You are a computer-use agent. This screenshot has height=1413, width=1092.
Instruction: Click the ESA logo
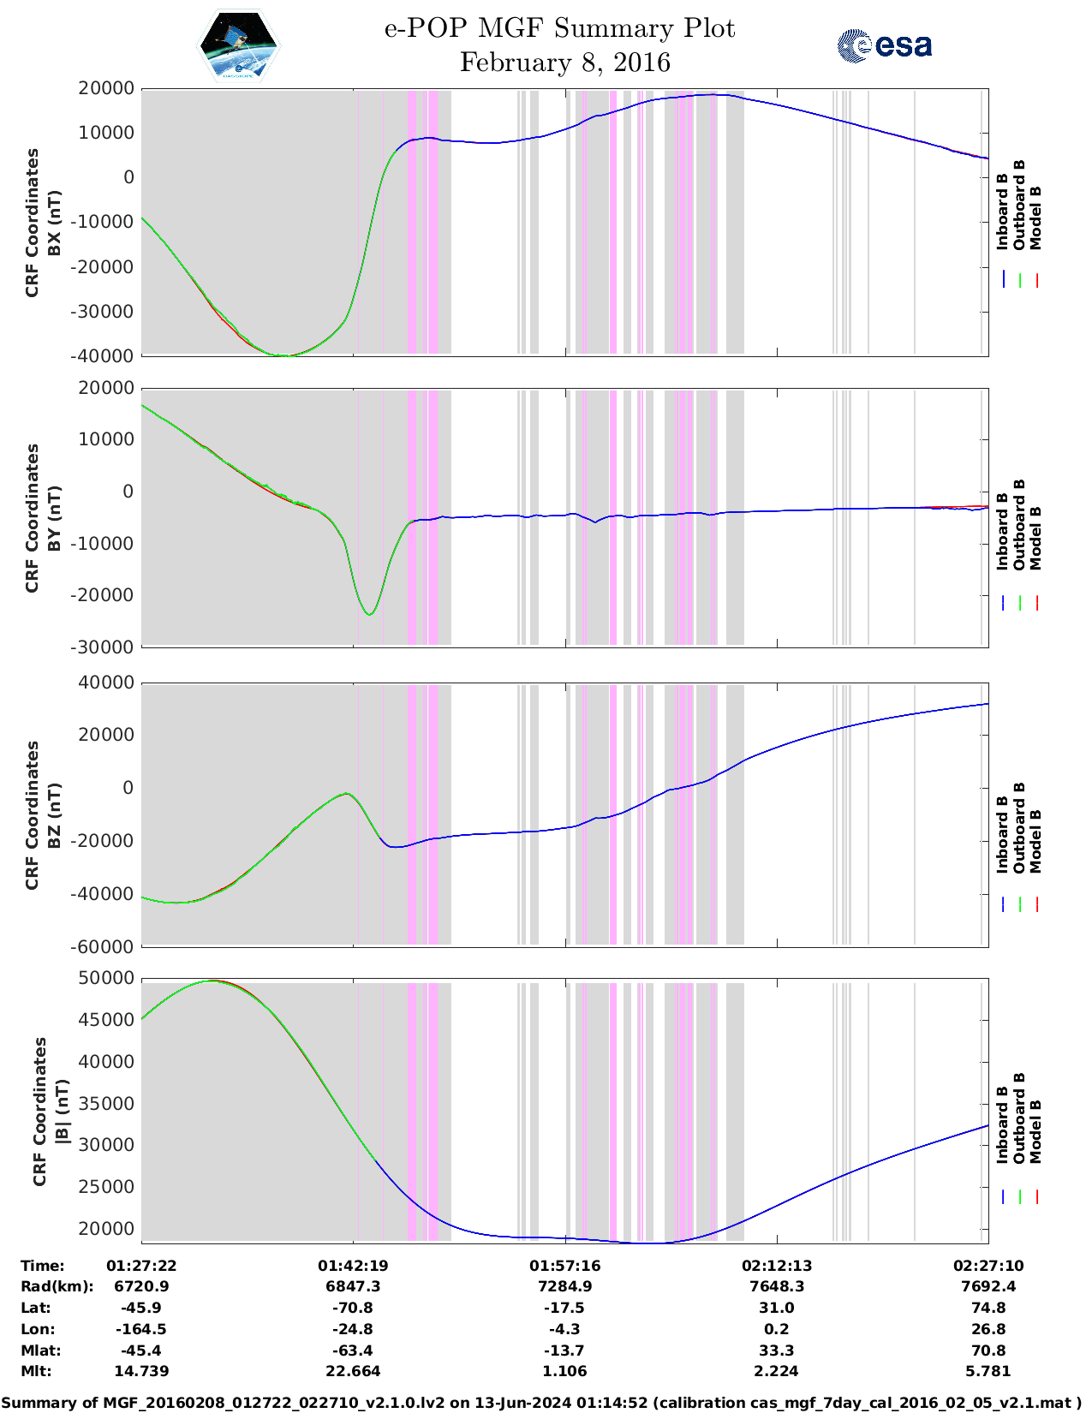(x=884, y=45)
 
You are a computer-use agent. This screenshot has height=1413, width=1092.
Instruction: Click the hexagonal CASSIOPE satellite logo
(x=239, y=45)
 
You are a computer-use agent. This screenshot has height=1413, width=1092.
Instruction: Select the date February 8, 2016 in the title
(x=564, y=63)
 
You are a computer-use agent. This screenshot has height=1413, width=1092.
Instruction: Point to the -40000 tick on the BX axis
(x=106, y=355)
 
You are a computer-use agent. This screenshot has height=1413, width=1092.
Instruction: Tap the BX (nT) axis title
(x=54, y=223)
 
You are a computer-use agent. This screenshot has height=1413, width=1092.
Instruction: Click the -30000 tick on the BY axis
(x=106, y=647)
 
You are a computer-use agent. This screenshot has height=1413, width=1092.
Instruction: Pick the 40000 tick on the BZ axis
(x=106, y=683)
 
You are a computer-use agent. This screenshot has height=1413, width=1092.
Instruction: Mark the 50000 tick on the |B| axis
(x=106, y=978)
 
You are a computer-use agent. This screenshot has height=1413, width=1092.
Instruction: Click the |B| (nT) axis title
(x=62, y=1112)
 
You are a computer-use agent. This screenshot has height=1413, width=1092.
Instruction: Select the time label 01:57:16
(x=564, y=1266)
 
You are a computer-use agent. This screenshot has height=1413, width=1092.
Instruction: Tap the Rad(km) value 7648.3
(x=777, y=1286)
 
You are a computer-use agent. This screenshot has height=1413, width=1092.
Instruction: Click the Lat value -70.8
(x=353, y=1308)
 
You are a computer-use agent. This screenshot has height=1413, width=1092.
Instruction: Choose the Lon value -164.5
(x=141, y=1329)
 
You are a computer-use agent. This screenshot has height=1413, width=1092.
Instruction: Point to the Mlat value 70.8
(x=988, y=1350)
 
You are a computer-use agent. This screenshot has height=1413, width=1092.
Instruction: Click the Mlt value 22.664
(x=353, y=1371)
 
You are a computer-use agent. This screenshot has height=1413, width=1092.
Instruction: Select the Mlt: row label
(x=36, y=1371)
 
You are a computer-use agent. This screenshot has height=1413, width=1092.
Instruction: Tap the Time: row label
(x=42, y=1266)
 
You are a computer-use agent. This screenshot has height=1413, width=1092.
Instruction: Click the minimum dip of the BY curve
(x=369, y=614)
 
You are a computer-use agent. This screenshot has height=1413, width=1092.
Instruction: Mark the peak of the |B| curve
(x=213, y=981)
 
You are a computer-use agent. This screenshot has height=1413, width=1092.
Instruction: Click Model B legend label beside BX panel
(x=1035, y=218)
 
